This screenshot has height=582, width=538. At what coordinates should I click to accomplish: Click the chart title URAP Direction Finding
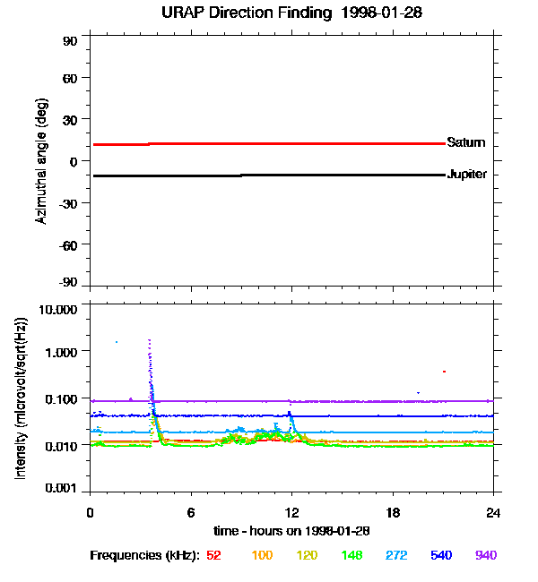pyautogui.click(x=269, y=13)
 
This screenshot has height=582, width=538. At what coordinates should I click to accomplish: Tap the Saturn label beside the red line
pyautogui.click(x=465, y=143)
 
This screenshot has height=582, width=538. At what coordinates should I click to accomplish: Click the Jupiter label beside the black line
pyautogui.click(x=466, y=175)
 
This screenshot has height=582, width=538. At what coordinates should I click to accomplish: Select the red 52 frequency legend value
pyautogui.click(x=213, y=555)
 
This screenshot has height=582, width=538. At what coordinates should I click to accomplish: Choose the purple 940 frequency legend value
pyautogui.click(x=486, y=555)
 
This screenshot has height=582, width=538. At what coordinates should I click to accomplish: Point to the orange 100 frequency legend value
pyautogui.click(x=261, y=555)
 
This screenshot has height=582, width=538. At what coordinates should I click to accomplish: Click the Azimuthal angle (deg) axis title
pyautogui.click(x=41, y=161)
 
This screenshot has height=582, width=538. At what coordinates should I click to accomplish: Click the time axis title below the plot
pyautogui.click(x=291, y=531)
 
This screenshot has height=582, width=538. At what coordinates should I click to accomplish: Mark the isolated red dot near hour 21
pyautogui.click(x=444, y=371)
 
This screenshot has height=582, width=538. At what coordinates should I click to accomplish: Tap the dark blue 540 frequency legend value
pyautogui.click(x=441, y=555)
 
